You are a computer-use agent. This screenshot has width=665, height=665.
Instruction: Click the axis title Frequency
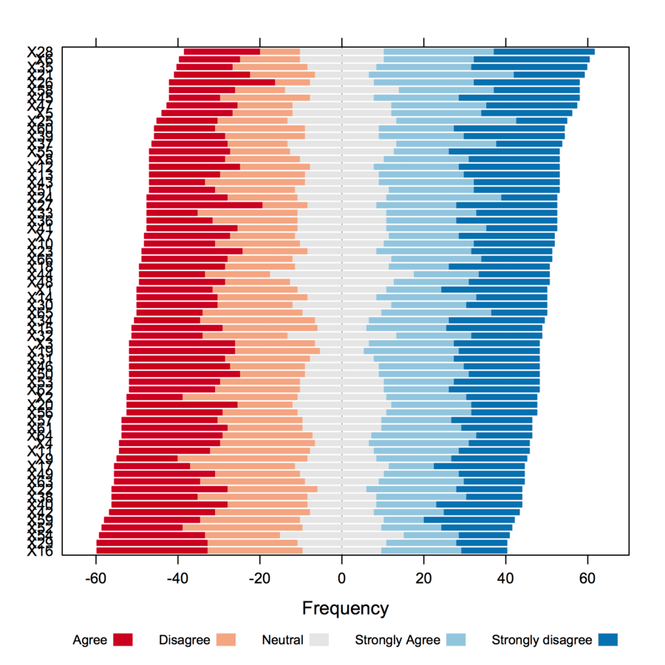click(345, 609)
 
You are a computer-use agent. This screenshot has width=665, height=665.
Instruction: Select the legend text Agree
click(89, 640)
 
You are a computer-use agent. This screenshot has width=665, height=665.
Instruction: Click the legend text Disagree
click(185, 640)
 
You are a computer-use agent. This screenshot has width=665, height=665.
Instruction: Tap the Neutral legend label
click(282, 640)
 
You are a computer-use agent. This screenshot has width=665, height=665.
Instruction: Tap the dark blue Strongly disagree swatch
click(608, 640)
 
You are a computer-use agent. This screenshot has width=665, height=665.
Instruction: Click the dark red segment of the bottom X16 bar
click(151, 550)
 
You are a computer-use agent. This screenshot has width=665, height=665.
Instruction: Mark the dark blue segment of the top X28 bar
click(544, 52)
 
